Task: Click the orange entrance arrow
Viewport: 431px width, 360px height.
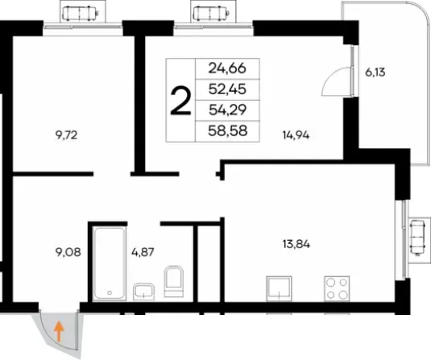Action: [59, 332]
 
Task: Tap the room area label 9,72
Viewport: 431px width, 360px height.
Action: [66, 135]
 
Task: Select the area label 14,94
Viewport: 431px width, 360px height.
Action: [296, 135]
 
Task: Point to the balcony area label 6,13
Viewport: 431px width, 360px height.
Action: [375, 72]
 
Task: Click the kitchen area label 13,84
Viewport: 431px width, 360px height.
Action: [296, 244]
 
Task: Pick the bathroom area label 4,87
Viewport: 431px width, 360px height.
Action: [143, 252]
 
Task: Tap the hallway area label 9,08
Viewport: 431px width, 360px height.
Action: [68, 252]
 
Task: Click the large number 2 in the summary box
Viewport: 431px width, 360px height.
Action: [180, 101]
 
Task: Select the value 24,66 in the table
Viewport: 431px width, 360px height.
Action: [227, 68]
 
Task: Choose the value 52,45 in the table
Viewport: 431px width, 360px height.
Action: [227, 89]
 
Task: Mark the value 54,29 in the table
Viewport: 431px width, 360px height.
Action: [227, 110]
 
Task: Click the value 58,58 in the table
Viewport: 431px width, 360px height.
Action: [228, 130]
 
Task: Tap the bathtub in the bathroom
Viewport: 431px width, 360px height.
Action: [110, 263]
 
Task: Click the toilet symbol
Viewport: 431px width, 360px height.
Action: [174, 281]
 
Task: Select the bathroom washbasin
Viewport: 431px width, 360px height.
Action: [143, 292]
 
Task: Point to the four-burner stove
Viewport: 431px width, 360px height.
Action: [337, 288]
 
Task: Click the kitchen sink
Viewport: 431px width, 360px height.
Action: [279, 288]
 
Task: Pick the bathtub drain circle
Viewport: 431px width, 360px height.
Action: [110, 292]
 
